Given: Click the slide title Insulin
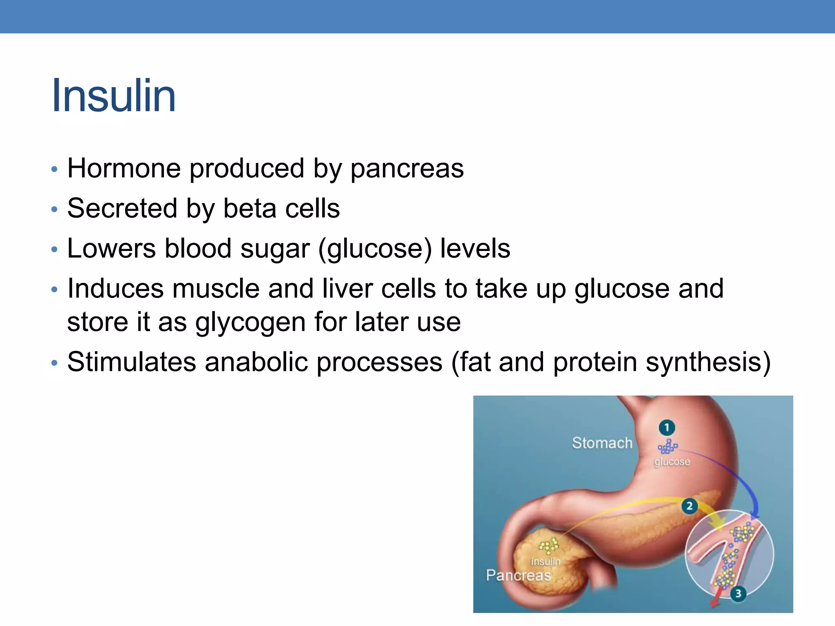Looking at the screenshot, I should (x=114, y=96).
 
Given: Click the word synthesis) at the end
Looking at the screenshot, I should (x=708, y=362).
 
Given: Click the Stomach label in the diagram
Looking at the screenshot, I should (x=602, y=443).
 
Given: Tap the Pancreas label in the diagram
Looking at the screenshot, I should (x=518, y=575).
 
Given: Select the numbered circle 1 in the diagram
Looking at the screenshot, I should (x=667, y=428).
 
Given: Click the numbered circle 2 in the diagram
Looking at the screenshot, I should (x=689, y=506).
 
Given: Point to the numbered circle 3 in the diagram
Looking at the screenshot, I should (x=738, y=593).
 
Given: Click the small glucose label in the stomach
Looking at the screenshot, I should (x=672, y=462).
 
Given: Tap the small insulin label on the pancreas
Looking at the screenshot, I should (x=546, y=561).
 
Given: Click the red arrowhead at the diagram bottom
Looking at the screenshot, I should (x=714, y=604).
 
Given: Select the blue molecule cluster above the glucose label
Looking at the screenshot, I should (x=667, y=447).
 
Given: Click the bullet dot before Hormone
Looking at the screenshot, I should (x=54, y=169).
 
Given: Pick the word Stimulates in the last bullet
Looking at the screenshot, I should (x=132, y=362).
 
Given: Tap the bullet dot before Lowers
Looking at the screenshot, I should (x=54, y=249).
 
